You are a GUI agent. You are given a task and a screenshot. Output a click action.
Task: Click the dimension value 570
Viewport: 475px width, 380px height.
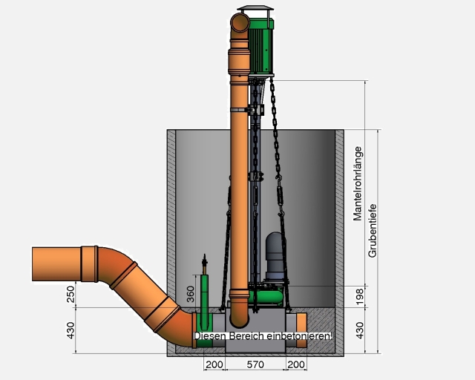[255, 364]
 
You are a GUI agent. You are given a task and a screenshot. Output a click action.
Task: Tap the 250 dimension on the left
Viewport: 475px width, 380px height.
[71, 294]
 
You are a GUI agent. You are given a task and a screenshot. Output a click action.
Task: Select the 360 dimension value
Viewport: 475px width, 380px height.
[190, 294]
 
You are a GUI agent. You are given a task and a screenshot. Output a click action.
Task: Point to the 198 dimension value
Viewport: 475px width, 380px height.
[359, 297]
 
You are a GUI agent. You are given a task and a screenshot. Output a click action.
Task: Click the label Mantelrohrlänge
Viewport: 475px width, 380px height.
[358, 183]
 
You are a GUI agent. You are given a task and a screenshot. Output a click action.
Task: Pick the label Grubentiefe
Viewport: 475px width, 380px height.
[373, 231]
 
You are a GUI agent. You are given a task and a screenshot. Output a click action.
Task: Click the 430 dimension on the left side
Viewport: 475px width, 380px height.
[71, 330]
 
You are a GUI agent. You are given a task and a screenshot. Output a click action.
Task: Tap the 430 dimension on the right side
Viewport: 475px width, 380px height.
[359, 330]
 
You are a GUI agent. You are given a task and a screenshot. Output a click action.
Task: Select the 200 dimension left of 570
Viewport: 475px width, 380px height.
[214, 364]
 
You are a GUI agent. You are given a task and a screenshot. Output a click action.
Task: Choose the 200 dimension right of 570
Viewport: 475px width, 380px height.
[296, 364]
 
